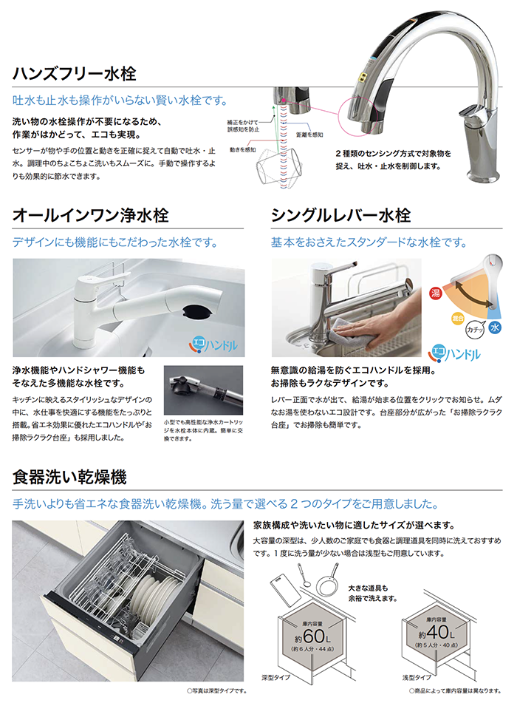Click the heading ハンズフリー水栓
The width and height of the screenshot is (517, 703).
(x=75, y=73)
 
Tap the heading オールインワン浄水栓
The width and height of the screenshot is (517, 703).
(x=91, y=215)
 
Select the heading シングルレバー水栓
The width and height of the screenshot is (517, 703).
(x=341, y=215)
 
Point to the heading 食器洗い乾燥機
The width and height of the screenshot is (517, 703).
(x=69, y=477)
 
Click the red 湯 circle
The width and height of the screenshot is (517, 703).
(x=436, y=293)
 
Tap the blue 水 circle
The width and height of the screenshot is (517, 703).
(x=495, y=327)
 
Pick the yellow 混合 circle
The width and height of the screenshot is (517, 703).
(x=457, y=319)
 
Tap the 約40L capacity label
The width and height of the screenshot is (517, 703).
(x=436, y=633)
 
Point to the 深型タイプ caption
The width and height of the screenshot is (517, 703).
(x=275, y=677)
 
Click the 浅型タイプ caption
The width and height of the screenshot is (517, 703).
(x=417, y=677)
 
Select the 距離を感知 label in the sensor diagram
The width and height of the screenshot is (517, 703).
(x=309, y=135)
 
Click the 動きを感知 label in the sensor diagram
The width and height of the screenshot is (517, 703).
(x=242, y=150)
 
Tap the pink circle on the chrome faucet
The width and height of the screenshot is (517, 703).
(x=357, y=115)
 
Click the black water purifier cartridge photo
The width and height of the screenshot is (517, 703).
(x=203, y=390)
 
